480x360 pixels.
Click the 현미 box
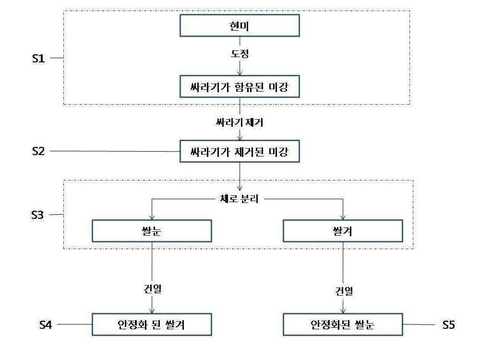click(240, 25)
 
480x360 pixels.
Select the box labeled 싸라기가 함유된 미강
click(240, 86)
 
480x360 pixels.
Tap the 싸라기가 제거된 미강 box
click(240, 151)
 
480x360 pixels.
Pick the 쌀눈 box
click(152, 231)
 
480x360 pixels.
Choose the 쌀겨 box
click(343, 231)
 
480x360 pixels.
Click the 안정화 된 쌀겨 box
click(152, 324)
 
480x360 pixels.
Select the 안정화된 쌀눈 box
click(343, 324)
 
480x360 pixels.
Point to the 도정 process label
click(240, 54)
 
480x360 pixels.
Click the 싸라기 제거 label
click(240, 122)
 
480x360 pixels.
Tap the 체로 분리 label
click(240, 199)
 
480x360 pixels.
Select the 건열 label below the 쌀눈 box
click(153, 288)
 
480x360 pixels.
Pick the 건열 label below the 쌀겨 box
click(344, 291)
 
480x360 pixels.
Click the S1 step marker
click(38, 58)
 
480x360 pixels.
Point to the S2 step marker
click(38, 151)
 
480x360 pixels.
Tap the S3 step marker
click(37, 215)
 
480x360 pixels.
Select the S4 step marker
click(46, 324)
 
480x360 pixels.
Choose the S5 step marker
click(448, 324)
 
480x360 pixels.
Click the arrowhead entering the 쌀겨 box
click(343, 217)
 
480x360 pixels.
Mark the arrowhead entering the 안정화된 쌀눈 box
click(343, 311)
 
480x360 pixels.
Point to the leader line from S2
click(115, 151)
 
